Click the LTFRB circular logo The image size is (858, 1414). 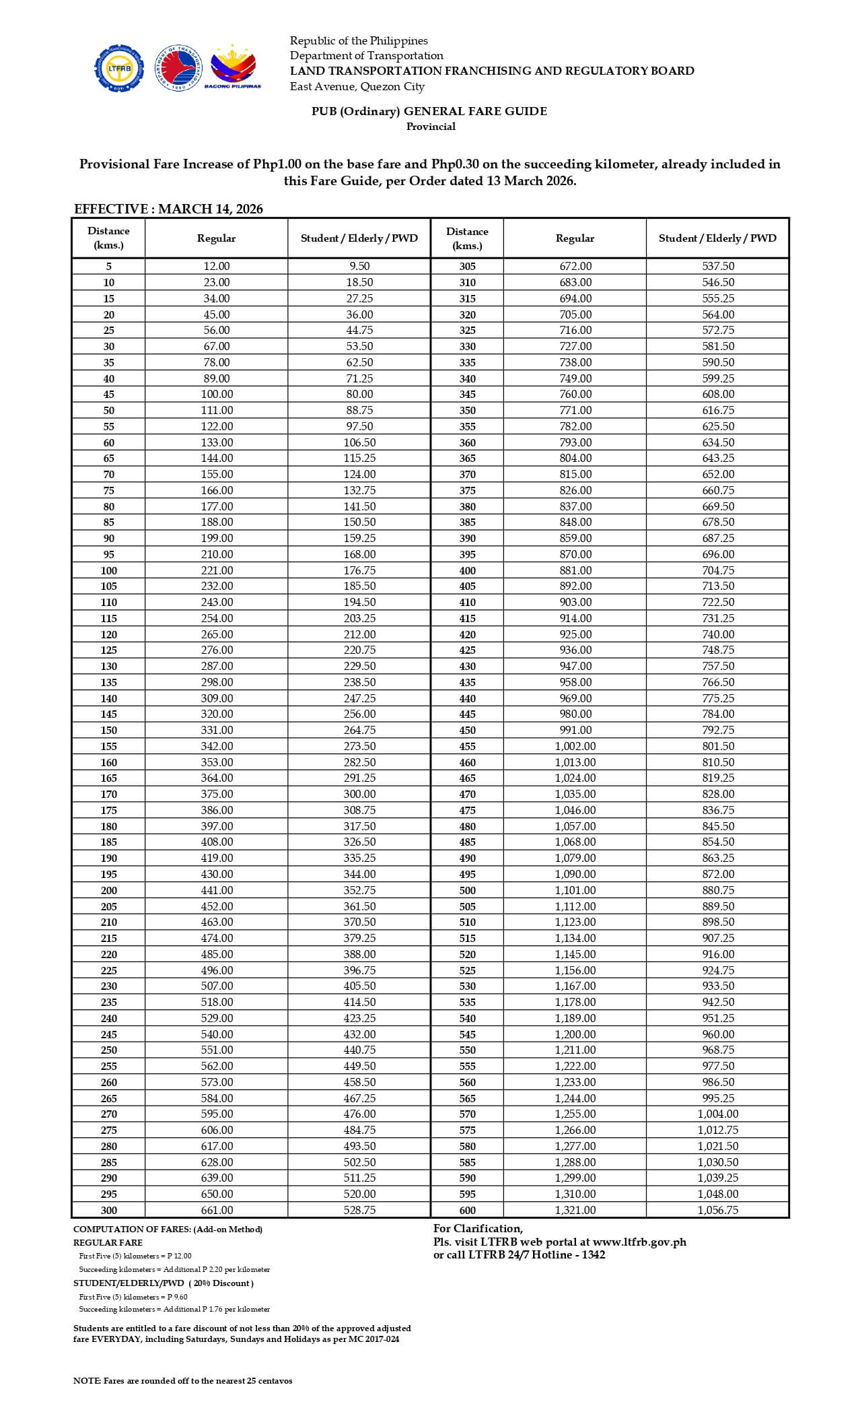[x=118, y=68]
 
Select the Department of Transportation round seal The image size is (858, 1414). [x=178, y=68]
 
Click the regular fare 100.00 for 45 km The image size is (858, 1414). [x=217, y=395]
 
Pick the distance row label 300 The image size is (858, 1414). [x=108, y=1210]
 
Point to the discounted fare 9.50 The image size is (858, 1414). [x=359, y=267]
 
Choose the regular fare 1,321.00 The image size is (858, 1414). [x=575, y=1210]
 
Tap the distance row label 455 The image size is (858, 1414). [x=467, y=746]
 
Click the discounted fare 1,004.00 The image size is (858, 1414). [x=717, y=1114]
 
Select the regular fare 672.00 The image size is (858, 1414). [x=575, y=267]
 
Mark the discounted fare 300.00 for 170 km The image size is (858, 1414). [x=359, y=795]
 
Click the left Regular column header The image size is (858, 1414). [x=216, y=238]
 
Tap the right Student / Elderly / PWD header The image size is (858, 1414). [x=717, y=238]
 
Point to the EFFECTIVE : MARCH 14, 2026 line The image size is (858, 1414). [x=168, y=209]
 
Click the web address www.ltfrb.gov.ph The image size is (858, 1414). [x=639, y=1242]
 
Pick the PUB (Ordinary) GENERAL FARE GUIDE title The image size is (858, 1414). [x=429, y=112]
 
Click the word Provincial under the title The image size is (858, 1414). [x=431, y=127]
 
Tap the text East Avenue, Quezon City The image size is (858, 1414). [x=357, y=86]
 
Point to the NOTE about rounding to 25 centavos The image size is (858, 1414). [x=183, y=1381]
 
